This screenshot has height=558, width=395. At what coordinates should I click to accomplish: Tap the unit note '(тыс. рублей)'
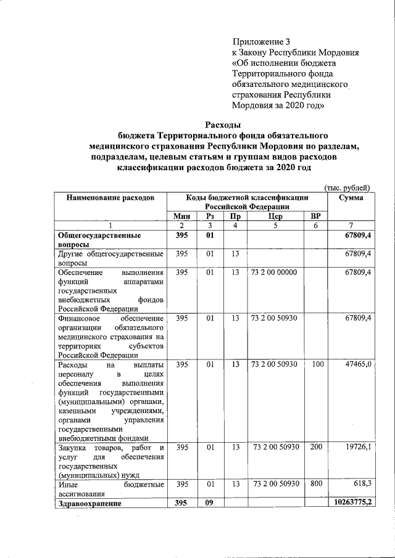tap(346, 187)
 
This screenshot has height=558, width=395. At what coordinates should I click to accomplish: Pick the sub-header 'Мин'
tap(181, 216)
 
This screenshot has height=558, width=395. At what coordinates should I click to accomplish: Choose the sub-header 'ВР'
tap(316, 216)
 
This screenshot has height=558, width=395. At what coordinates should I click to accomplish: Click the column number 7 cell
tap(351, 226)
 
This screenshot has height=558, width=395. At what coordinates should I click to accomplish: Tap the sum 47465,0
tap(359, 364)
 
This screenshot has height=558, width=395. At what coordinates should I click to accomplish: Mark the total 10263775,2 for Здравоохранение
tap(350, 503)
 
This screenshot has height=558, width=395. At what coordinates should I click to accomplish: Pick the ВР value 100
tap(316, 364)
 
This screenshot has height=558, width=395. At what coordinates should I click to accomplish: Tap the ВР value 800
tap(316, 484)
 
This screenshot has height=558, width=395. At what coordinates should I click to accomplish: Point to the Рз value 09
tap(210, 503)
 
